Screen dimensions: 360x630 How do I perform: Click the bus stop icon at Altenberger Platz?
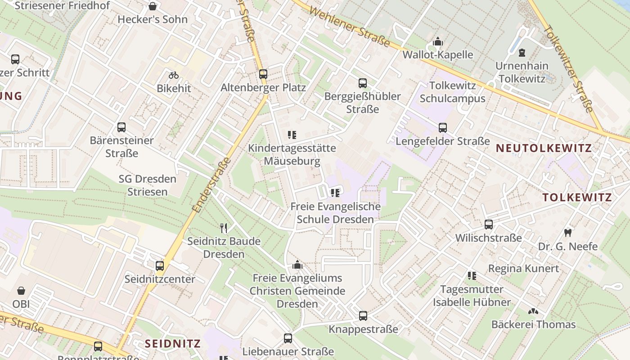[263, 74]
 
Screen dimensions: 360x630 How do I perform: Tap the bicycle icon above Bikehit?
[174, 75]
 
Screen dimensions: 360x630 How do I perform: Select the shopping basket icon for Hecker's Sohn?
[153, 6]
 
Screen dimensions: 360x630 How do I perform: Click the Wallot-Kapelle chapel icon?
[438, 42]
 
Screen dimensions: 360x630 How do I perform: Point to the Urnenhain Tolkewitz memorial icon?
[522, 53]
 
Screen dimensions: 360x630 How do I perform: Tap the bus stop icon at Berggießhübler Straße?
[363, 83]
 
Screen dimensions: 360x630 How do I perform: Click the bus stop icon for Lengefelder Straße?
[443, 128]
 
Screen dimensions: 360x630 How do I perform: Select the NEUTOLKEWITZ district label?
[544, 148]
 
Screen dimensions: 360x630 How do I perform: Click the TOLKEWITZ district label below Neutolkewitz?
[577, 198]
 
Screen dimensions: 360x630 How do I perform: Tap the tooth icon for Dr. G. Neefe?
[568, 233]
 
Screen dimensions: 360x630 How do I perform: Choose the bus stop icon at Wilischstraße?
[489, 224]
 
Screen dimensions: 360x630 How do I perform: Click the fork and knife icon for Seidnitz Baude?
[224, 228]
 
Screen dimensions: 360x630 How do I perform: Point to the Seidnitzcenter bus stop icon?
[160, 266]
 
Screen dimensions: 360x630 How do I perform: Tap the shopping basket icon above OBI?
[21, 291]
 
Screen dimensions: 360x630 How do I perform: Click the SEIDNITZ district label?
[172, 344]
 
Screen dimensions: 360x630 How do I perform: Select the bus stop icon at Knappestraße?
[363, 316]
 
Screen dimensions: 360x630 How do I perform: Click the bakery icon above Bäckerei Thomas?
[533, 311]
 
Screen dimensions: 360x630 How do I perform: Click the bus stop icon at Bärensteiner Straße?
[121, 127]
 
